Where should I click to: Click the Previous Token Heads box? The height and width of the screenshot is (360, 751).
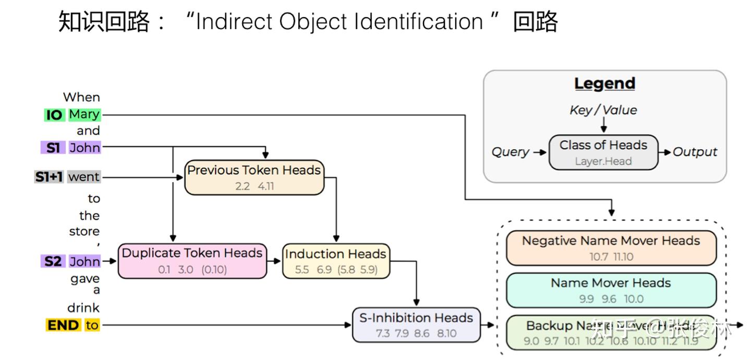tap(255, 177)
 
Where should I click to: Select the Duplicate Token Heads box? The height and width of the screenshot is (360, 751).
tap(192, 261)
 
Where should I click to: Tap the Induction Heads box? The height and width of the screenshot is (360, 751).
tap(336, 261)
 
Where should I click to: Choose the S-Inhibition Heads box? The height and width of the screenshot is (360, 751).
tap(416, 325)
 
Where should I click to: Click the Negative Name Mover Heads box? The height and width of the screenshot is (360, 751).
tap(611, 248)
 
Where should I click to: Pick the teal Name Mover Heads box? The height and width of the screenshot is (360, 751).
tap(611, 290)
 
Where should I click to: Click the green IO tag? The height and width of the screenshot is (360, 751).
tap(54, 115)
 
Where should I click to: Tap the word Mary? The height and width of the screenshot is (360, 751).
tap(84, 114)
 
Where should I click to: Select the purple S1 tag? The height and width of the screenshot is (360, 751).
tap(53, 148)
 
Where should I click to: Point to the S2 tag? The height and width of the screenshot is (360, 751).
tap(53, 261)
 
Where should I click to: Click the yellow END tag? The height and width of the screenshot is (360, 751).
tap(63, 325)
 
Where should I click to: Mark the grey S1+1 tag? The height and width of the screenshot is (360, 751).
tap(49, 177)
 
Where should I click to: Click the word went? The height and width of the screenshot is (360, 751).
tap(83, 177)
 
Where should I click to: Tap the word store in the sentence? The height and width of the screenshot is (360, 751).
tap(84, 231)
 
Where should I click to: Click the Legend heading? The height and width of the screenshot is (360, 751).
tap(604, 83)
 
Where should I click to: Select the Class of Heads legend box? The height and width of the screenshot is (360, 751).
tap(603, 152)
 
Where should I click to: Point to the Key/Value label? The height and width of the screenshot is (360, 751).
tap(603, 110)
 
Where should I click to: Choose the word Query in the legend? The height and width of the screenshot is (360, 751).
tap(510, 152)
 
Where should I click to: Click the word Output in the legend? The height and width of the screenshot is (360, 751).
tap(695, 152)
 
